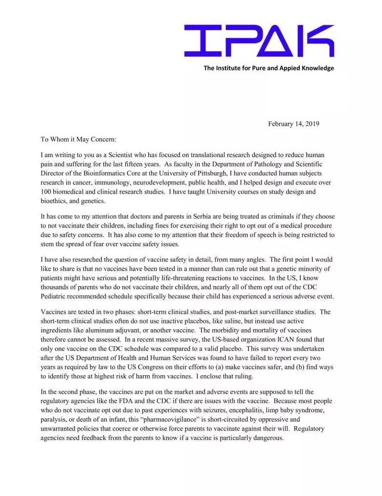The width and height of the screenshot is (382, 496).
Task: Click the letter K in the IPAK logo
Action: [318, 41]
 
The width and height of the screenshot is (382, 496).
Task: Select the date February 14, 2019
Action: [293, 124]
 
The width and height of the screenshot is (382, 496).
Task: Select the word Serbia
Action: [191, 216]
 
